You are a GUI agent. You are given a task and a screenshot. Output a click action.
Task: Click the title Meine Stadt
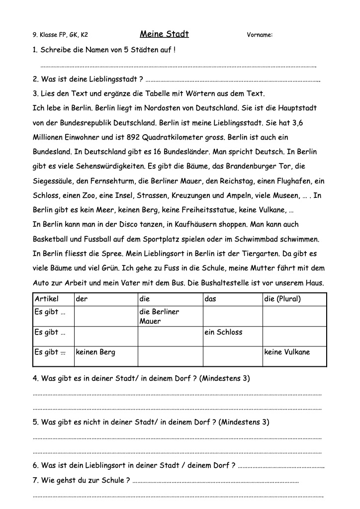click(x=164, y=34)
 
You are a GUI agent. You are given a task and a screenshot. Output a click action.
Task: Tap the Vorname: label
click(x=260, y=35)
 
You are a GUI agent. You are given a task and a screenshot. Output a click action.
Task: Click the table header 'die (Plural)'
click(x=282, y=299)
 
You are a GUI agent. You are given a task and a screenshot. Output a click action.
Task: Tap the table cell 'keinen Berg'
click(x=95, y=352)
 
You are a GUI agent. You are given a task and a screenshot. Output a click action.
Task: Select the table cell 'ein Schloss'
click(x=223, y=332)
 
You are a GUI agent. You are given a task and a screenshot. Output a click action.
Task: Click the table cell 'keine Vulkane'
click(x=287, y=352)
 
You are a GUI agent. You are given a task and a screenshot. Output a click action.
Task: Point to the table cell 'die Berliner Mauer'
click(x=159, y=317)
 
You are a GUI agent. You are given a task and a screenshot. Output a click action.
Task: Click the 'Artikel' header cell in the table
click(x=47, y=299)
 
